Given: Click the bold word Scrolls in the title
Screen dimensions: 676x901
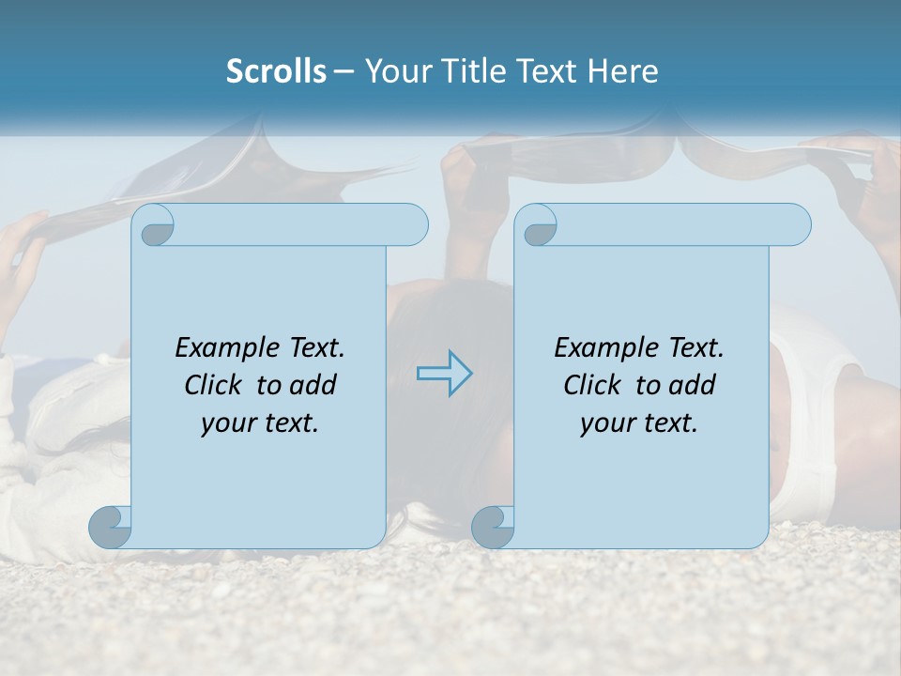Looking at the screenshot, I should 276,71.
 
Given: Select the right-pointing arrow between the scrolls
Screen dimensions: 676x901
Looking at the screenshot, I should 444,374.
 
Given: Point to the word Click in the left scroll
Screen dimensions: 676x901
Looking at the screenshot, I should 215,385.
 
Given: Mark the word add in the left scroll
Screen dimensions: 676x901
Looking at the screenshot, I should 313,385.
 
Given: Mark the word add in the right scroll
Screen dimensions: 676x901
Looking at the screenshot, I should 693,385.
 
